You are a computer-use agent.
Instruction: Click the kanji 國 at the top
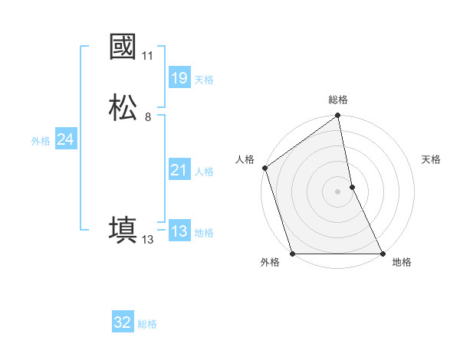[123, 47]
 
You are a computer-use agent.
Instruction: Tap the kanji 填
[123, 230]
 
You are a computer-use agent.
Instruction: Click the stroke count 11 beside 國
[147, 56]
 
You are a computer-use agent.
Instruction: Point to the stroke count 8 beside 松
[147, 117]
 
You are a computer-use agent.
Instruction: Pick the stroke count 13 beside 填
[147, 240]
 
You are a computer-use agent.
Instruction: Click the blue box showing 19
[179, 78]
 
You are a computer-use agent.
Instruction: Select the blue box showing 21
[179, 170]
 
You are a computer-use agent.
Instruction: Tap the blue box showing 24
[65, 139]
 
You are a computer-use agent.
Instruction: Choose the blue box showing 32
[123, 322]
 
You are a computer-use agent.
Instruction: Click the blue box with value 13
[179, 231]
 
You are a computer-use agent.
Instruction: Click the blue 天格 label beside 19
[204, 80]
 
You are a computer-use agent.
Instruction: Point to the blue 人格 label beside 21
[204, 172]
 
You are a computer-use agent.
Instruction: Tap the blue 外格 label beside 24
[41, 141]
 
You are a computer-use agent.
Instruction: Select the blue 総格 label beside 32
[147, 324]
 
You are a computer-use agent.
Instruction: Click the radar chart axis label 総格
[338, 100]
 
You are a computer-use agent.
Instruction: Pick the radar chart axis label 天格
[432, 159]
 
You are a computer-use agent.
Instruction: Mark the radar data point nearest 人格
[265, 168]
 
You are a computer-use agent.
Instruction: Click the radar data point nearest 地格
[383, 254]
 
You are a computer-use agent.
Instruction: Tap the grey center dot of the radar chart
[337, 191]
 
